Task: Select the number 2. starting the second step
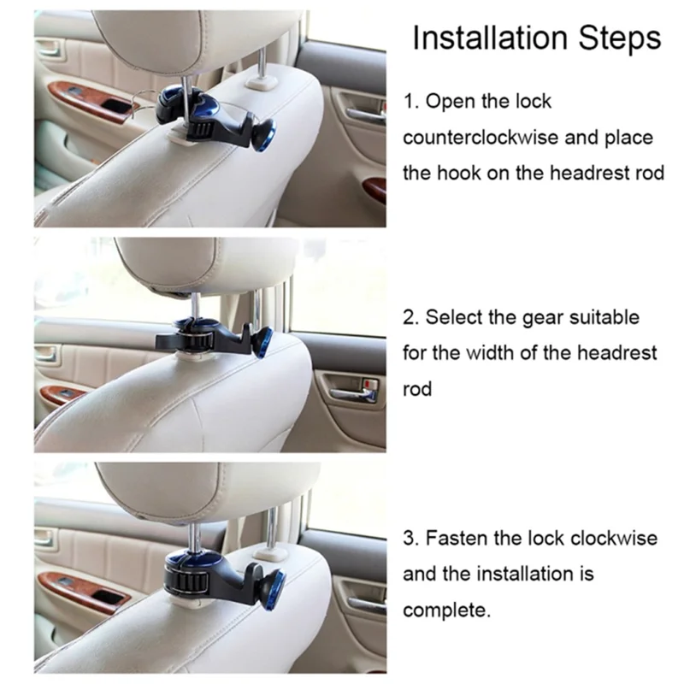click(410, 317)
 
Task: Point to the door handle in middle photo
click(351, 394)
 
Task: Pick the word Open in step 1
click(445, 101)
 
